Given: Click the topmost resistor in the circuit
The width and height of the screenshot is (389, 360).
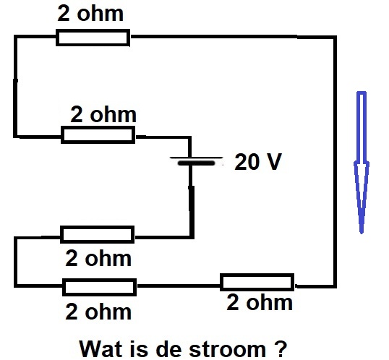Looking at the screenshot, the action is pyautogui.click(x=93, y=38).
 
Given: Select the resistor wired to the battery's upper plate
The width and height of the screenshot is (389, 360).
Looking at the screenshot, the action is pyautogui.click(x=98, y=134).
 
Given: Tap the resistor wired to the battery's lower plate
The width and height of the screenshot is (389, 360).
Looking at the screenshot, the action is pyautogui.click(x=98, y=234).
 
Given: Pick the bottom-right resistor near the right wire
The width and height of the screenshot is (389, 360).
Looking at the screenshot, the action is pyautogui.click(x=257, y=282).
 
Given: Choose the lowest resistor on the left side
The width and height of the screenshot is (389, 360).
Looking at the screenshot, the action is pyautogui.click(x=100, y=287).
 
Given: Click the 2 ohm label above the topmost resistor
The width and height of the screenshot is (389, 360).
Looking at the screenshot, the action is pyautogui.click(x=90, y=14).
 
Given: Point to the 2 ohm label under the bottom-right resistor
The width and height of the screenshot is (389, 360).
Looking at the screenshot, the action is pyautogui.click(x=260, y=302).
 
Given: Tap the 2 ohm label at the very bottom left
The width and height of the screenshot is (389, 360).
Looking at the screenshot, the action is pyautogui.click(x=98, y=312).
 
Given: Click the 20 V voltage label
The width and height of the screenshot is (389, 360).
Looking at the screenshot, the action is pyautogui.click(x=258, y=162).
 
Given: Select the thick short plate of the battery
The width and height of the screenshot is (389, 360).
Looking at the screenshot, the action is pyautogui.click(x=197, y=163).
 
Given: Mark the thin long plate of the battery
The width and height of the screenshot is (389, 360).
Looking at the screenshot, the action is pyautogui.click(x=196, y=158).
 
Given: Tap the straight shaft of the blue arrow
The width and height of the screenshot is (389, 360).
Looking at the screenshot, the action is pyautogui.click(x=362, y=127).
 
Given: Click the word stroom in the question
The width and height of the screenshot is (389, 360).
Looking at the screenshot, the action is pyautogui.click(x=228, y=349).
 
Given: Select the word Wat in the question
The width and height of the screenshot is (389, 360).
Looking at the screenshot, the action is pyautogui.click(x=101, y=349).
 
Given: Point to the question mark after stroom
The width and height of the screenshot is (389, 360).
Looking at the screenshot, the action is pyautogui.click(x=281, y=349).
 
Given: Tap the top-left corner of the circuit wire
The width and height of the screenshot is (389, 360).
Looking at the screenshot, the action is pyautogui.click(x=16, y=37).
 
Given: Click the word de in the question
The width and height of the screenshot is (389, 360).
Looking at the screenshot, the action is pyautogui.click(x=168, y=349).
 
